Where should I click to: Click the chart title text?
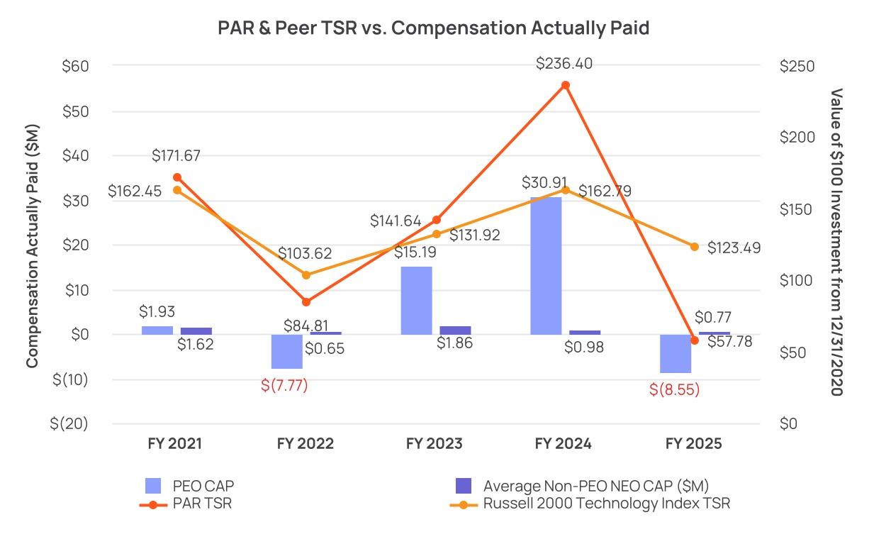pyautogui.click(x=433, y=29)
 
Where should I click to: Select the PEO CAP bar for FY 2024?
pyautogui.click(x=546, y=266)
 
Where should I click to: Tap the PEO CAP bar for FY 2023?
pyautogui.click(x=416, y=301)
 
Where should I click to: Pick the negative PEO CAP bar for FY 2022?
pyautogui.click(x=287, y=351)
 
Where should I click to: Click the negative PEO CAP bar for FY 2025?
pyautogui.click(x=675, y=353)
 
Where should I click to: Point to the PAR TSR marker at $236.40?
pyautogui.click(x=565, y=85)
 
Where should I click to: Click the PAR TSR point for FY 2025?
pyautogui.click(x=695, y=340)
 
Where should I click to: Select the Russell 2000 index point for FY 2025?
pyautogui.click(x=695, y=247)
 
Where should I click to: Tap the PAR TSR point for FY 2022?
pyautogui.click(x=306, y=302)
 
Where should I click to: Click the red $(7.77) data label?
pyautogui.click(x=284, y=386)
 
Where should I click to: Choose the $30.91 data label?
pyautogui.click(x=546, y=182)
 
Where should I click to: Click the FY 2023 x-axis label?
pyautogui.click(x=434, y=444)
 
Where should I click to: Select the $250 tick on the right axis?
pyautogui.click(x=797, y=66)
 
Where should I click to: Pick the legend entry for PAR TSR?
pyautogui.click(x=202, y=504)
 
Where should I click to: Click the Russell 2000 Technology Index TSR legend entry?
pyautogui.click(x=606, y=504)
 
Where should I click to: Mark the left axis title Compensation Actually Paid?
pyautogui.click(x=32, y=245)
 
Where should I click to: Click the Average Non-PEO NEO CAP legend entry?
pyautogui.click(x=595, y=486)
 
